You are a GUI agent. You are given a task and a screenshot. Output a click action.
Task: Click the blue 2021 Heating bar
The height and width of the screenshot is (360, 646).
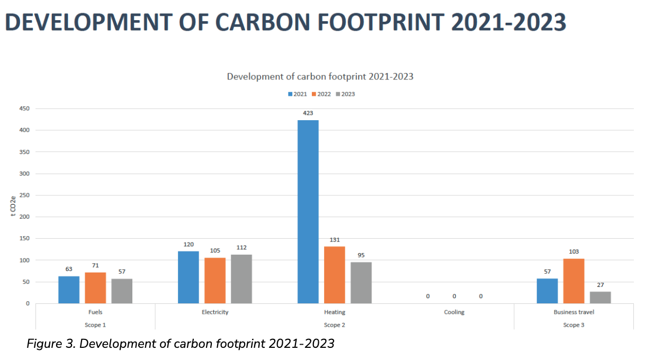point(308,212)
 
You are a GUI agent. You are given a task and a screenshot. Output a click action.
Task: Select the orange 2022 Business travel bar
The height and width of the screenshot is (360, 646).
point(573,281)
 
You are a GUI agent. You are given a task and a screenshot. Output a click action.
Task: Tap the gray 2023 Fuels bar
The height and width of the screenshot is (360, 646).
point(122,291)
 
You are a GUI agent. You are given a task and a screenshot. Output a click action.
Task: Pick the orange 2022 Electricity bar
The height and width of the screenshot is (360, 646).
point(215,281)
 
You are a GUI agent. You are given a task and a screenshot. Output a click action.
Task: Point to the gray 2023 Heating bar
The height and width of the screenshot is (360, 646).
point(361,283)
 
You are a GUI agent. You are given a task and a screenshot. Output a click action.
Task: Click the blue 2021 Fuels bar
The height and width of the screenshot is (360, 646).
point(69,290)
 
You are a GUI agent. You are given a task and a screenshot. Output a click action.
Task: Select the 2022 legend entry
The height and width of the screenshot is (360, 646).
point(320,94)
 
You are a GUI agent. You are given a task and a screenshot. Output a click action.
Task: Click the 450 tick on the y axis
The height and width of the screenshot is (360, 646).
point(24,109)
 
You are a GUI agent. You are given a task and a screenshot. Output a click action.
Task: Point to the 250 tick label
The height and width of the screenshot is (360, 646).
point(24,195)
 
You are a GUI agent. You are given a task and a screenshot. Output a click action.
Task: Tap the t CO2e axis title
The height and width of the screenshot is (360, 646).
point(14,206)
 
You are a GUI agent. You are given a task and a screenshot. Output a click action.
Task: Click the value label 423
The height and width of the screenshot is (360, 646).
point(308,113)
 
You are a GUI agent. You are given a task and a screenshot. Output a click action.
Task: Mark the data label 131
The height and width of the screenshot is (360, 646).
point(335,239)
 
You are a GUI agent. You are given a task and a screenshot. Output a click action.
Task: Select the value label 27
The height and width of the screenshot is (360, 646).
point(600,285)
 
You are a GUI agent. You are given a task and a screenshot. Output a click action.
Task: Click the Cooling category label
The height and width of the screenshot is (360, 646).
point(454,312)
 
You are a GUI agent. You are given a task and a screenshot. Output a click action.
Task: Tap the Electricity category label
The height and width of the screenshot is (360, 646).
point(215,312)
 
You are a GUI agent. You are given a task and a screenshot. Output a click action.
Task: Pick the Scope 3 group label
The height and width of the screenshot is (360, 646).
point(573,325)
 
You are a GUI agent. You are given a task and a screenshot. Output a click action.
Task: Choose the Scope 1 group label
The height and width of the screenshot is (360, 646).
point(95,325)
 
